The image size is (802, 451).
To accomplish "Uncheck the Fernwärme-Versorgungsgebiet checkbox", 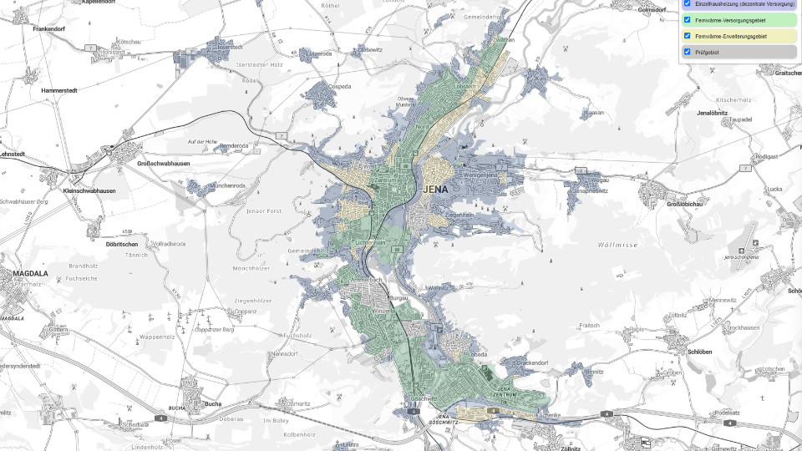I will click(x=687, y=20).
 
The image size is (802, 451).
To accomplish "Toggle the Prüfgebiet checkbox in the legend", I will click(x=687, y=52).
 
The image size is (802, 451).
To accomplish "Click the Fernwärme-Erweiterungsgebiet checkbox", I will click(x=687, y=36).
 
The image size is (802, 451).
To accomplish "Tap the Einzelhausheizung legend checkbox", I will click(x=687, y=4).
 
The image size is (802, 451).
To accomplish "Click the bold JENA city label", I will click(x=436, y=189).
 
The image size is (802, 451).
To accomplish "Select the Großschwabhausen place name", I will click(x=163, y=164).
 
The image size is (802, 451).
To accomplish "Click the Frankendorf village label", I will click(x=49, y=29).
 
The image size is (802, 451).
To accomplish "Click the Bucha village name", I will click(x=213, y=404).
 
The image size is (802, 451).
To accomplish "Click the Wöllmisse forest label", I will click(x=618, y=245).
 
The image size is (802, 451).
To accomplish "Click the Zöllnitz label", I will click(x=571, y=448).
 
